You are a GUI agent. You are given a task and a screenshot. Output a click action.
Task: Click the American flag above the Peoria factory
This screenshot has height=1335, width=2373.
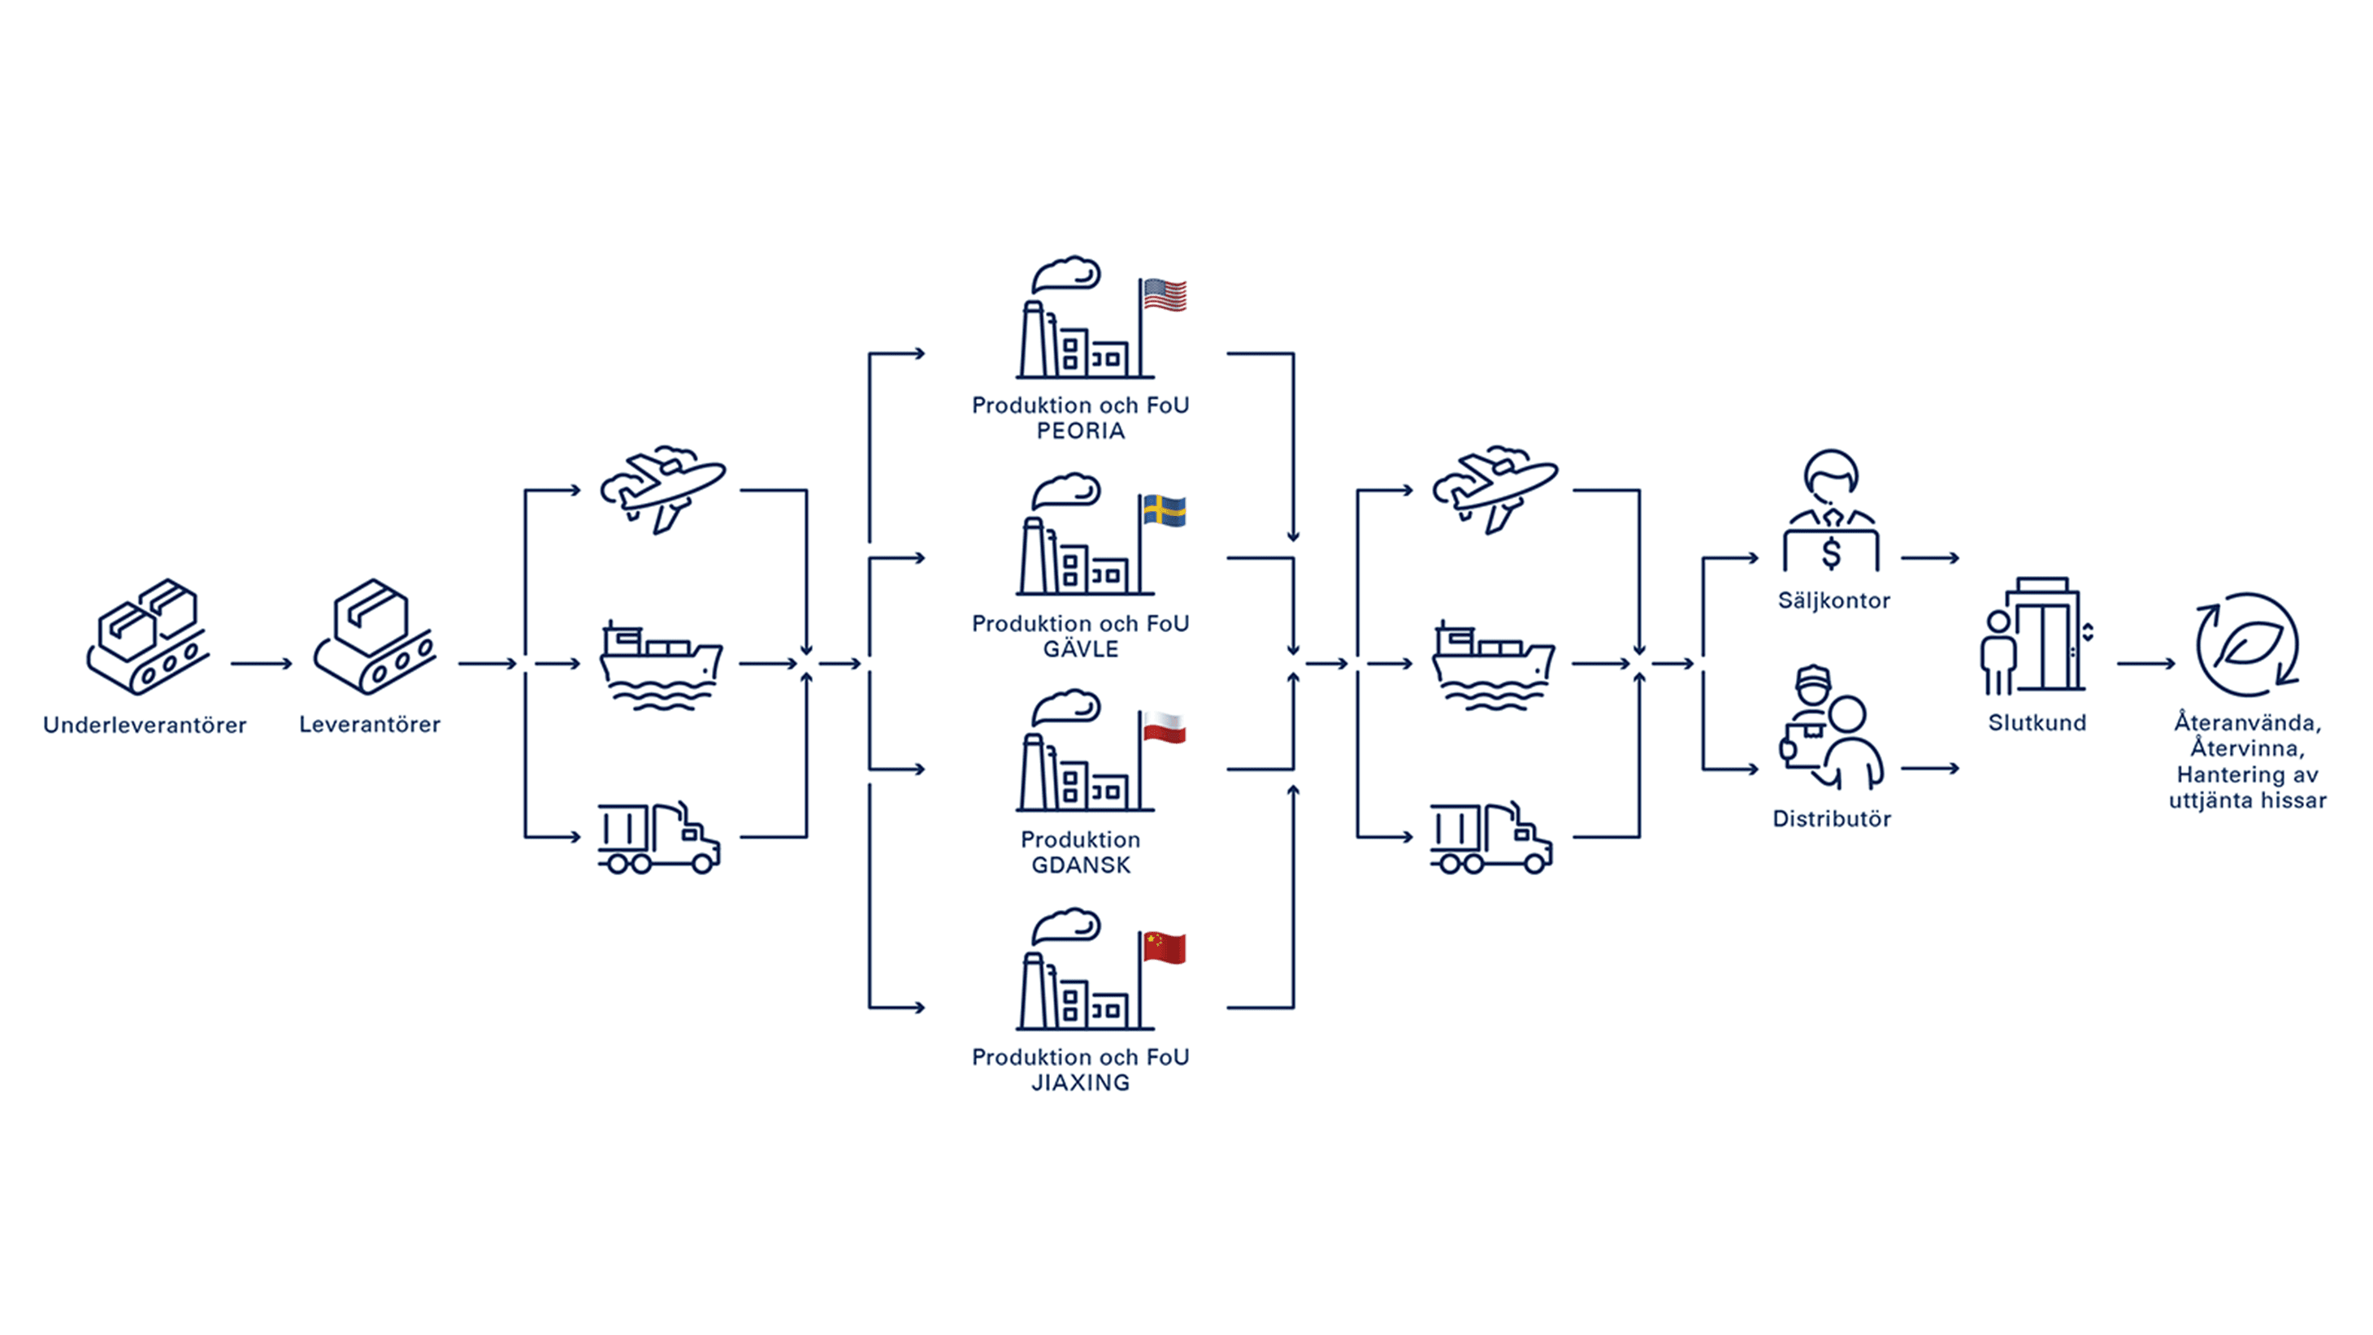(x=1165, y=295)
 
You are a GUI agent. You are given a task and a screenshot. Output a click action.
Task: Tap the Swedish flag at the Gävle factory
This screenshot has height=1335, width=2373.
(x=1165, y=510)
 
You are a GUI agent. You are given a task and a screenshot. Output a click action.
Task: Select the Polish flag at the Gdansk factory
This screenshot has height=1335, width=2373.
(x=1165, y=727)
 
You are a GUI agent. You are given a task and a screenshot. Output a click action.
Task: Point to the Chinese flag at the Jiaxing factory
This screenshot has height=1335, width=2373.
(x=1165, y=947)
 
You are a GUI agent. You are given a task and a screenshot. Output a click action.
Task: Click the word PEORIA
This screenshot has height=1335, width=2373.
(x=1081, y=431)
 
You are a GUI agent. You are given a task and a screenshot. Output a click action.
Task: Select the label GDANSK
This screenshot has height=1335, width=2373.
(x=1081, y=865)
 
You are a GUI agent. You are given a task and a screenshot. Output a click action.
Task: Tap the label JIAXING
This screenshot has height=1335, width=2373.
(x=1081, y=1082)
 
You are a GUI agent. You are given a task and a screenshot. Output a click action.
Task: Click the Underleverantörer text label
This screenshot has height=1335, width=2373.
(x=145, y=725)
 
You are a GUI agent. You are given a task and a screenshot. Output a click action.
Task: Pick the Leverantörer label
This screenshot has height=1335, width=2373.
(x=370, y=724)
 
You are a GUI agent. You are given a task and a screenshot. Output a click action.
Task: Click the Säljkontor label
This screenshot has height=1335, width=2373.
(x=1833, y=600)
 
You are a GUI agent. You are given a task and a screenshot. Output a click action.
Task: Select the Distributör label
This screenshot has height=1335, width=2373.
(x=1831, y=818)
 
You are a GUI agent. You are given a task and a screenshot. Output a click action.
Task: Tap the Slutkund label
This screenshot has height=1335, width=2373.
(x=2037, y=722)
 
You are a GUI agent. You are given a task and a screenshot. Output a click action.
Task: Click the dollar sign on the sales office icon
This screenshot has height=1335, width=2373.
(x=1831, y=553)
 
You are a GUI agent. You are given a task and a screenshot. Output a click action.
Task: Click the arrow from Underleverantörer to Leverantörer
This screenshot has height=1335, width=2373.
(x=262, y=663)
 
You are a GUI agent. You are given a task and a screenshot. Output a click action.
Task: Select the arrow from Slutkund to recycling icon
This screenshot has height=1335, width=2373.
(x=2146, y=663)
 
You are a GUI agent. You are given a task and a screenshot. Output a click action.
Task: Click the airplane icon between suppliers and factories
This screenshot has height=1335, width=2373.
(x=663, y=490)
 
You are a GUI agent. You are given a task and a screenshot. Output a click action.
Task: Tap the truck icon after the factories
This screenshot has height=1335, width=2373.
(x=1491, y=837)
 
